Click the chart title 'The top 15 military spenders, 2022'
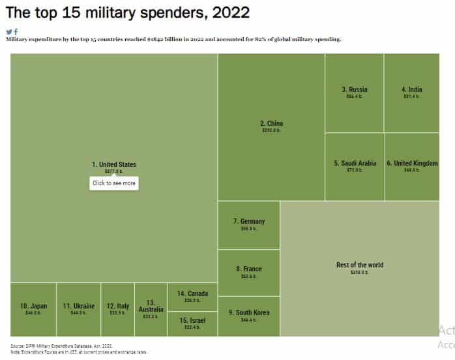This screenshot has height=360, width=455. click(119, 12)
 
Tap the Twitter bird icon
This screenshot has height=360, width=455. click(9, 31)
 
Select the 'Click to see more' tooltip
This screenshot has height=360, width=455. click(114, 183)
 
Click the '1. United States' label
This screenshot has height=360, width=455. click(114, 164)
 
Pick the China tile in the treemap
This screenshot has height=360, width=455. click(271, 127)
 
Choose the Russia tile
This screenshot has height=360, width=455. click(354, 93)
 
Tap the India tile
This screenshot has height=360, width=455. click(411, 93)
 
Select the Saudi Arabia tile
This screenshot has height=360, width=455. click(355, 166)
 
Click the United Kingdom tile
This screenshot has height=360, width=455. click(412, 166)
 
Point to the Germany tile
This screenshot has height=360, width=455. click(248, 225)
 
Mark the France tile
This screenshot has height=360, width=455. click(248, 273)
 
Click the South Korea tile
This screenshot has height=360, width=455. click(248, 316)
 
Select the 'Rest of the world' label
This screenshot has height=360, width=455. click(360, 265)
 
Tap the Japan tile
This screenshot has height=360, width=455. click(33, 309)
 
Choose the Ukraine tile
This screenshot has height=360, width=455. click(79, 309)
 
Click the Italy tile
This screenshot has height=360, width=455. click(118, 309)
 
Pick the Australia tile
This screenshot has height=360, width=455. click(151, 309)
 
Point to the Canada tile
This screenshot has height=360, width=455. click(192, 297)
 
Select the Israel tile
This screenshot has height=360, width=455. click(192, 324)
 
